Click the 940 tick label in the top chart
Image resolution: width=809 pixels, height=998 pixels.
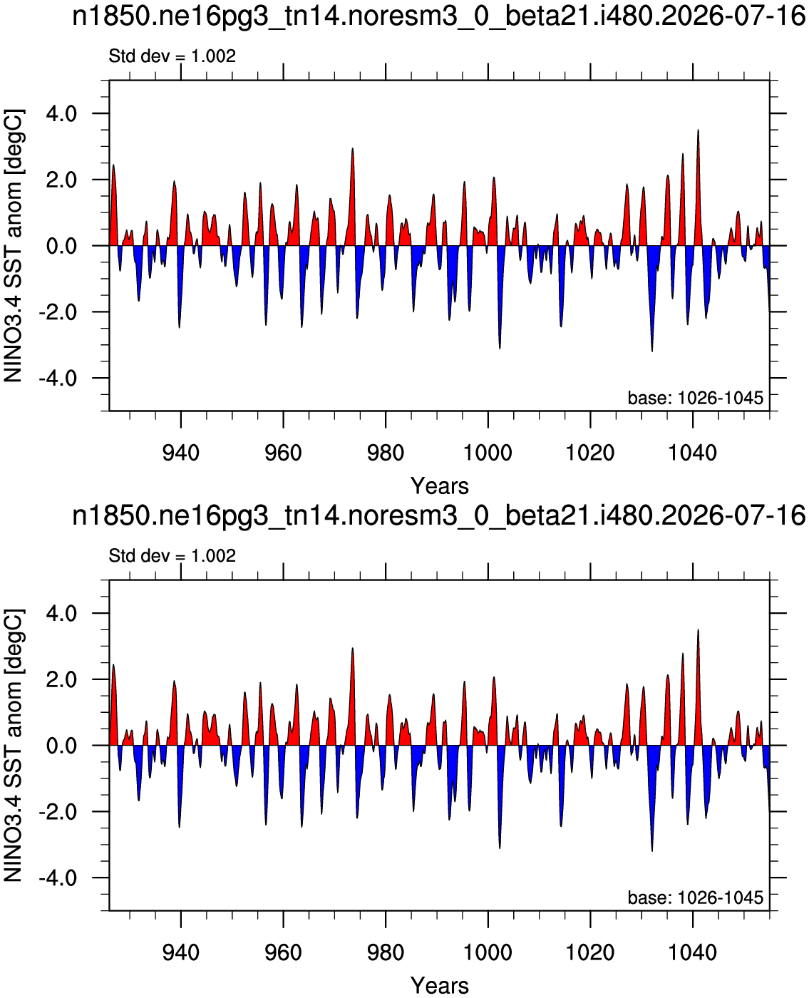click(x=181, y=453)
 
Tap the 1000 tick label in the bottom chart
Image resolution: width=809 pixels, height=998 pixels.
click(x=488, y=953)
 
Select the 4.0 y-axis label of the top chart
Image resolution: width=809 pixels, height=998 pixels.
click(x=61, y=113)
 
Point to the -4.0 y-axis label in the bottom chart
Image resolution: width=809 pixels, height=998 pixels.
click(x=57, y=878)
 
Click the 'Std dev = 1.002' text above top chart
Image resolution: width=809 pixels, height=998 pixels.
click(x=172, y=56)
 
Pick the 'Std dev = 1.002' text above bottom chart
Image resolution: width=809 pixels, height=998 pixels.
click(x=172, y=556)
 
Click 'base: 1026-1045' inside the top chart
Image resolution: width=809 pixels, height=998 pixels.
click(x=696, y=398)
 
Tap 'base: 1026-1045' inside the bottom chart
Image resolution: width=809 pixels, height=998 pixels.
click(x=696, y=897)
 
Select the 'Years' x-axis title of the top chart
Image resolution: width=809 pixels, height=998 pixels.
click(x=439, y=486)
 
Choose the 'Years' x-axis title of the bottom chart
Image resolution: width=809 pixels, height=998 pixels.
click(x=439, y=986)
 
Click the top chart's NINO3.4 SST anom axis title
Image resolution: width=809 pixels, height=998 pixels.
click(x=13, y=245)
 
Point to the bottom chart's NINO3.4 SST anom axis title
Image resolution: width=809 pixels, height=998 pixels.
click(x=13, y=746)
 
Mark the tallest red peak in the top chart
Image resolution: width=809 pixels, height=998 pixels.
click(x=698, y=130)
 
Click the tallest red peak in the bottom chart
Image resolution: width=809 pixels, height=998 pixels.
click(x=698, y=630)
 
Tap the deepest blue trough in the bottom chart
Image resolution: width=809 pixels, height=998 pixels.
click(x=652, y=850)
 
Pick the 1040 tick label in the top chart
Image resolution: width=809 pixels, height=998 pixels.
click(x=692, y=453)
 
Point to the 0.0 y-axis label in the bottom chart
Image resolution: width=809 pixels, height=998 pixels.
click(x=61, y=746)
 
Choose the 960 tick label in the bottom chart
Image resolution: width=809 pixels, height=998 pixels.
click(x=283, y=953)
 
